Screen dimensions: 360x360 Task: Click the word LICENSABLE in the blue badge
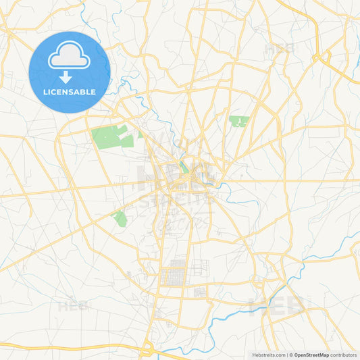(x=70, y=91)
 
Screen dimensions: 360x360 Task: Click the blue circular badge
(x=70, y=72)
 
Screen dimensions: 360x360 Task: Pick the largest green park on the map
(x=111, y=136)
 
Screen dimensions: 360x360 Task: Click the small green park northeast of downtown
(x=238, y=121)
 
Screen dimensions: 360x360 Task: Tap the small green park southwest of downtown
(x=120, y=218)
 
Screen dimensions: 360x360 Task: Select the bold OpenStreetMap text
(x=313, y=355)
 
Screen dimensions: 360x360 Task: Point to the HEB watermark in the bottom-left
(x=74, y=306)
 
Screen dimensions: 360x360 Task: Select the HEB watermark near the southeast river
(x=277, y=305)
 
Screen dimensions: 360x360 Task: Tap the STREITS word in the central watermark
(x=177, y=201)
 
